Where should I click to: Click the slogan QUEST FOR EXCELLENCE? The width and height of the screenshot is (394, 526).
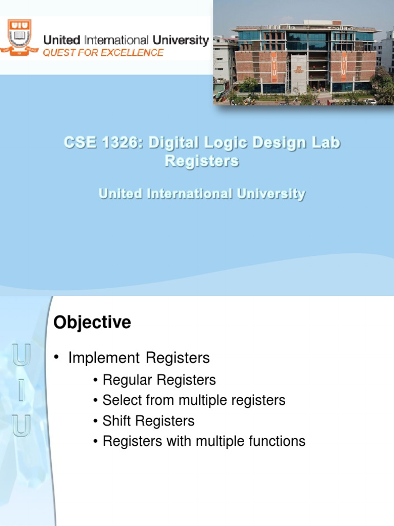(103, 52)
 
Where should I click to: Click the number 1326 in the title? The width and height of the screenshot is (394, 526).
(119, 143)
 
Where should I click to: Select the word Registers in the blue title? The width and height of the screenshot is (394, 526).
(202, 161)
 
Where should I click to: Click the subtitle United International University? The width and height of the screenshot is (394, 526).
(202, 194)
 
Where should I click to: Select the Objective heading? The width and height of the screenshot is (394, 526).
(92, 323)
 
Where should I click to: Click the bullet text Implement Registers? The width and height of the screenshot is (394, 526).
(139, 358)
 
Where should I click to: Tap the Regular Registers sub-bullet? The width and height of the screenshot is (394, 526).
(159, 380)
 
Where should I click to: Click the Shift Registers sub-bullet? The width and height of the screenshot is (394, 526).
(148, 421)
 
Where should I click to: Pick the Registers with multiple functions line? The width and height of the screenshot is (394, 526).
(204, 441)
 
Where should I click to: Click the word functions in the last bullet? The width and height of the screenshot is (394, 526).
(278, 441)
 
